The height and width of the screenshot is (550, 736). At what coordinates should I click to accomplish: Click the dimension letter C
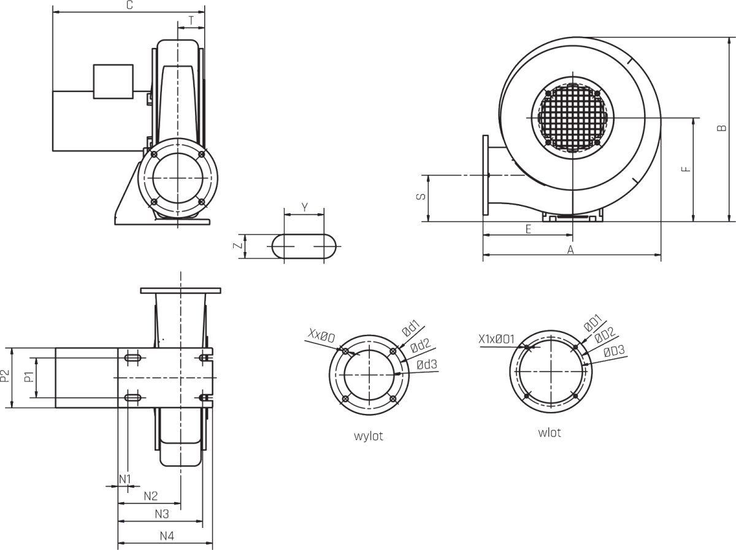[130, 5]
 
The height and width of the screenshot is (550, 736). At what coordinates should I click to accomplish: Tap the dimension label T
[191, 21]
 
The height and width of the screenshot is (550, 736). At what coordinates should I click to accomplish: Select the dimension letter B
[721, 128]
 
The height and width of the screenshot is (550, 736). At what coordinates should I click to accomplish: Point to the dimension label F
[686, 169]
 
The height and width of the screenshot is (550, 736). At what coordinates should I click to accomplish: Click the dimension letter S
[421, 196]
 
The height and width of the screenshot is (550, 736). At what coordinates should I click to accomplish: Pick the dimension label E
[528, 229]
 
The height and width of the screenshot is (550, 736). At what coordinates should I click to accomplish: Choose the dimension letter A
[570, 250]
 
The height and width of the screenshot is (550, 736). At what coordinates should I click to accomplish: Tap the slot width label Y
[304, 207]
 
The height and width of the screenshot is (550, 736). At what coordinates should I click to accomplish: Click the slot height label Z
[237, 246]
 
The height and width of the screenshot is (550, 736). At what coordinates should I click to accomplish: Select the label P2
[5, 376]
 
